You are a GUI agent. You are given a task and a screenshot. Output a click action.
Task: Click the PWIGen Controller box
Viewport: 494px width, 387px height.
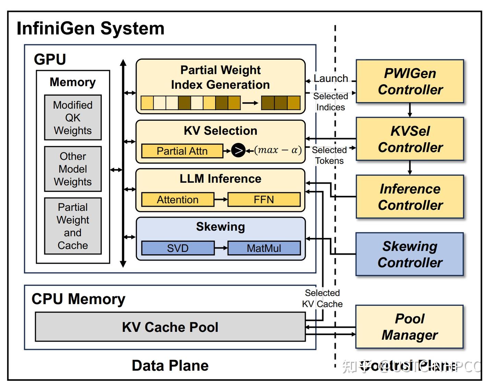click(x=410, y=81)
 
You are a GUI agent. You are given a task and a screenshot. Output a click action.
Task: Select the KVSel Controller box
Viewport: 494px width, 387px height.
click(x=410, y=139)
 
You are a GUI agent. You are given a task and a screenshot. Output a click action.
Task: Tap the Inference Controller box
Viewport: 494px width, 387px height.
click(x=410, y=197)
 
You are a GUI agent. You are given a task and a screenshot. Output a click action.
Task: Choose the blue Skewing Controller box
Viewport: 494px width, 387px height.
click(x=410, y=254)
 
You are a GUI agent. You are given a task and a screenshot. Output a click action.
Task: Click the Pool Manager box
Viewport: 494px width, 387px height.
click(x=410, y=327)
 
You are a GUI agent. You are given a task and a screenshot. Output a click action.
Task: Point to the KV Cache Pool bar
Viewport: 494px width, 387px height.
click(x=170, y=327)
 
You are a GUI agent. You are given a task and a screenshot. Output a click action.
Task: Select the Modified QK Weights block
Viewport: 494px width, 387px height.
click(x=73, y=118)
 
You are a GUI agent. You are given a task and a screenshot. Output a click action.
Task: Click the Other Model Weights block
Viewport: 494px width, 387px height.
click(x=73, y=169)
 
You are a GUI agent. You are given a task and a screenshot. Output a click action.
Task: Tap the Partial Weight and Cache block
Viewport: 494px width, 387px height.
click(x=73, y=226)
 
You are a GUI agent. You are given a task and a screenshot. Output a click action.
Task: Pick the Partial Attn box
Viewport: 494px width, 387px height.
click(x=182, y=151)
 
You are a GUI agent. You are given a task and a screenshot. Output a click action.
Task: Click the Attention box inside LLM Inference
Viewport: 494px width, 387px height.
click(x=177, y=199)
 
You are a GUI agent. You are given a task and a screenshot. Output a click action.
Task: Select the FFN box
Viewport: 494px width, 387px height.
click(x=264, y=199)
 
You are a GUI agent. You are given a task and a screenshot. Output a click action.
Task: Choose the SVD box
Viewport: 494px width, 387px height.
click(x=177, y=248)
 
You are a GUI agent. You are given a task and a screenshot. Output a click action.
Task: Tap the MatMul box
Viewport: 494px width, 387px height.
click(x=264, y=248)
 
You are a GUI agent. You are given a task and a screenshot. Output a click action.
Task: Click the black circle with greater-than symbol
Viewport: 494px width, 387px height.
click(x=238, y=150)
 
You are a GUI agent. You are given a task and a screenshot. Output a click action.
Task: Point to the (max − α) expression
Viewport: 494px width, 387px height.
click(x=278, y=150)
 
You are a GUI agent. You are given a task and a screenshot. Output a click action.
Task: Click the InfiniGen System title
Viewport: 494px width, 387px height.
click(x=91, y=28)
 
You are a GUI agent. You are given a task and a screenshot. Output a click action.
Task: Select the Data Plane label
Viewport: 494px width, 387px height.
click(x=170, y=366)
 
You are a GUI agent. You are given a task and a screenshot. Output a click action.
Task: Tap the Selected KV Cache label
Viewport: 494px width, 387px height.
click(x=322, y=298)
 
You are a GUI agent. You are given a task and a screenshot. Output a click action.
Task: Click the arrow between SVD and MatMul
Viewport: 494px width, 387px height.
click(x=221, y=248)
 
